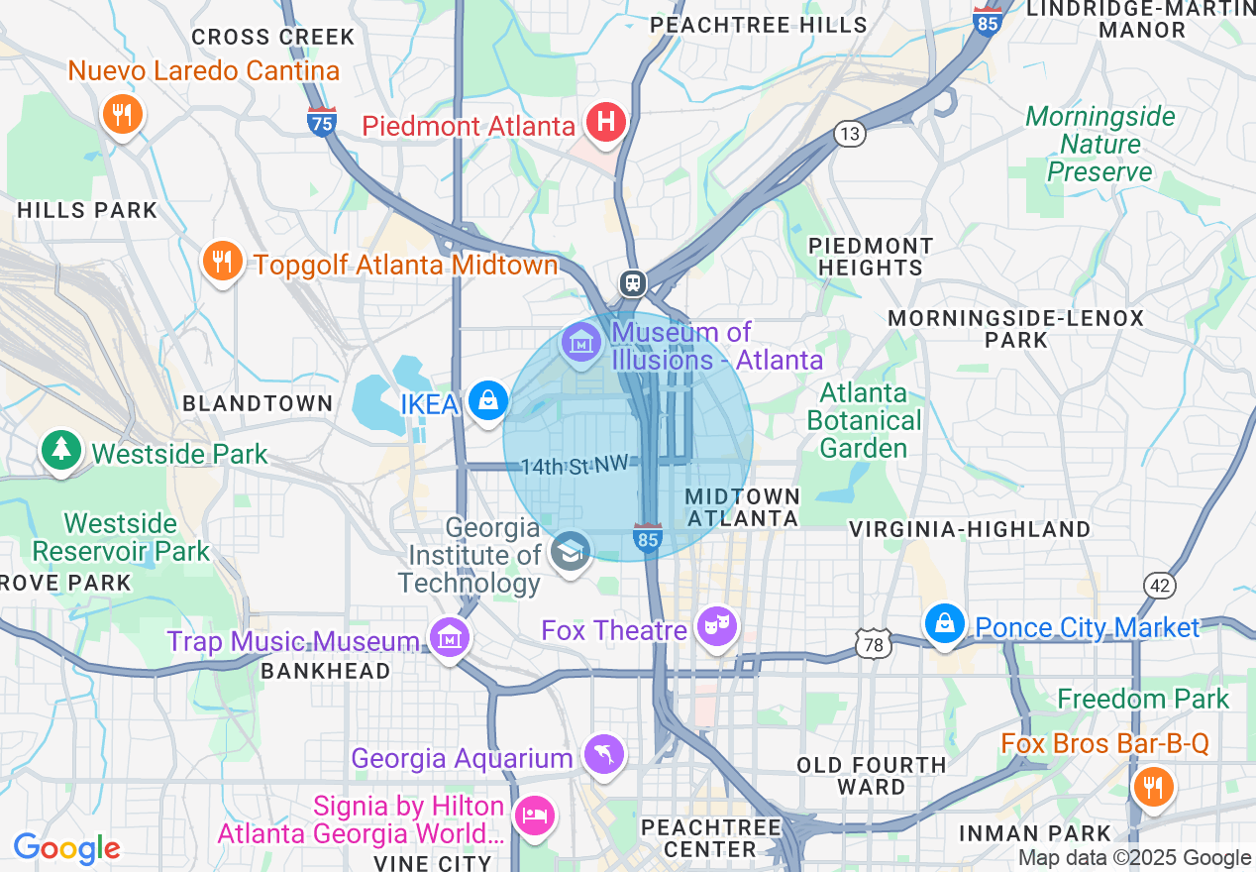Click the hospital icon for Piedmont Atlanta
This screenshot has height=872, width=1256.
[605, 124]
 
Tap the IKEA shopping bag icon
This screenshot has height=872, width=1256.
[487, 401]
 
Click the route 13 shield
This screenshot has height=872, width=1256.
[850, 134]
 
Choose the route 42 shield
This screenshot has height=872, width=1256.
[1158, 585]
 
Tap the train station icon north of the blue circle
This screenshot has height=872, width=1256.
[633, 283]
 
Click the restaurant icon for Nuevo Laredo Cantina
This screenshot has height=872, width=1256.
[122, 114]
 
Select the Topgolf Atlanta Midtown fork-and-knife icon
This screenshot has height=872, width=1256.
[223, 262]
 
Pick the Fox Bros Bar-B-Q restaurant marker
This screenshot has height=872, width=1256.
[1151, 788]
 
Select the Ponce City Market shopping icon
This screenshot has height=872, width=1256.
[945, 623]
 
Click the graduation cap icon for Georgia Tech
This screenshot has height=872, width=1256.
[570, 550]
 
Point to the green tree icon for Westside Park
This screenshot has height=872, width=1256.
[61, 450]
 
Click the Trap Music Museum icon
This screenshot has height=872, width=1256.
[450, 639]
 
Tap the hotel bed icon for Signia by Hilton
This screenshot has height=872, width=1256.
[535, 815]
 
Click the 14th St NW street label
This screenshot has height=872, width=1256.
[576, 465]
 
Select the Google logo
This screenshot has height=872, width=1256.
[66, 848]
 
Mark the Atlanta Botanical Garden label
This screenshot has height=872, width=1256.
[863, 420]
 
